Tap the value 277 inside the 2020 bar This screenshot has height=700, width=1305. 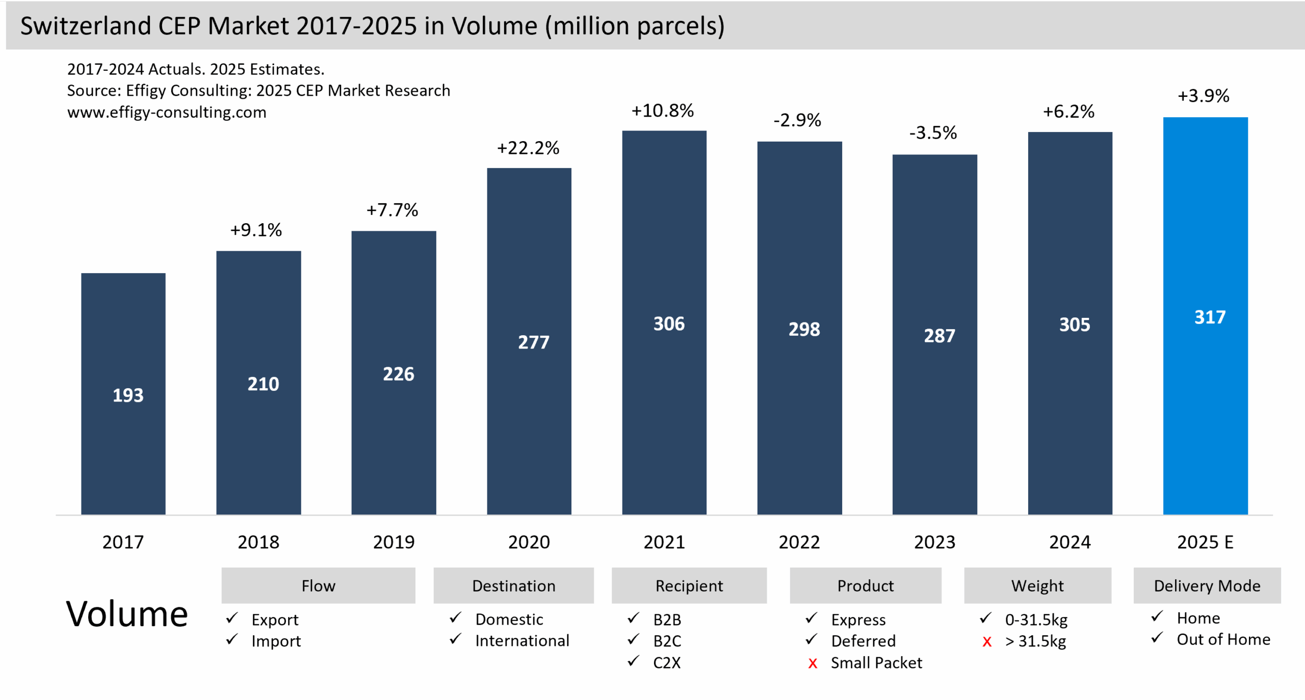[x=533, y=342]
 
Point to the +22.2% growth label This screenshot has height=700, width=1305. [x=528, y=148]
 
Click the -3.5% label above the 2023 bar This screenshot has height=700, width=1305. [x=933, y=133]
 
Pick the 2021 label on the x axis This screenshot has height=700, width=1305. [x=664, y=542]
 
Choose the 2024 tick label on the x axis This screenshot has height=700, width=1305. [x=1069, y=542]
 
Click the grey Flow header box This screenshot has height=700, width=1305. [x=318, y=585]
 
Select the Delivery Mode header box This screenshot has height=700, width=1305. [x=1207, y=585]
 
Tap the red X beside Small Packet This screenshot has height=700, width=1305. [x=813, y=663]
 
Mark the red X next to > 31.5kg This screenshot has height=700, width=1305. [x=987, y=642]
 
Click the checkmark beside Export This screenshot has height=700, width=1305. [x=232, y=618]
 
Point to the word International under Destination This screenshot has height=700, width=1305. [x=522, y=640]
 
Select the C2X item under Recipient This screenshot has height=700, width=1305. [x=667, y=662]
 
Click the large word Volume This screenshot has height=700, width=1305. [x=127, y=614]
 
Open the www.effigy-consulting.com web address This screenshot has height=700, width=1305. [x=167, y=112]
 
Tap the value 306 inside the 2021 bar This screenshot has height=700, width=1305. [x=669, y=324]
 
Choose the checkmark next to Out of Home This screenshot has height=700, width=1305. [x=1157, y=637]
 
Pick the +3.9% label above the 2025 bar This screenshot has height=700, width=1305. [x=1203, y=96]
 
